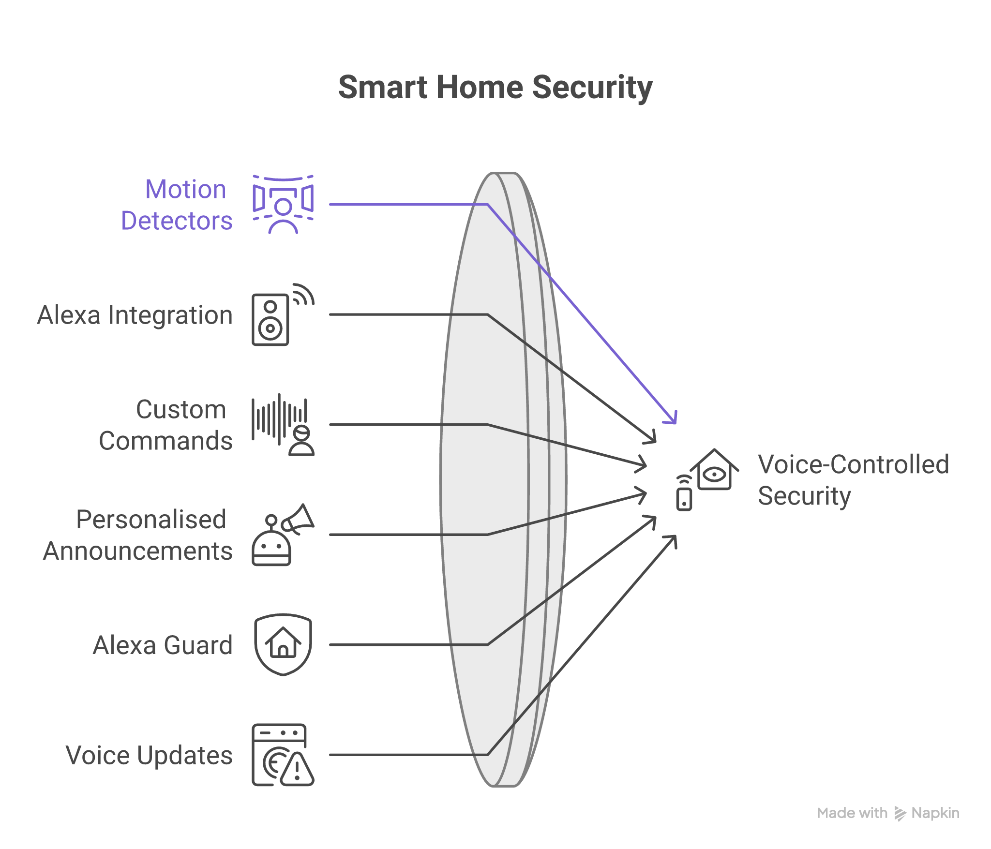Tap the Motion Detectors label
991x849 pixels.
click(x=177, y=205)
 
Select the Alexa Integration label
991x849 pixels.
click(x=135, y=315)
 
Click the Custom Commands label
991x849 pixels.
click(x=166, y=425)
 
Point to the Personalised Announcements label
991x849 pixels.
click(x=138, y=535)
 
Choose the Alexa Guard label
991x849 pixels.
click(x=163, y=645)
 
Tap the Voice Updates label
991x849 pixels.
click(x=149, y=756)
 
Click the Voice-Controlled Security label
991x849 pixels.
click(x=853, y=480)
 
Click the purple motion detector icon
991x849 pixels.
click(x=283, y=205)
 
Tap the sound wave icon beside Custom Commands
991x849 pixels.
click(x=279, y=419)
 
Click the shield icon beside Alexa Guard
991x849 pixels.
click(x=283, y=644)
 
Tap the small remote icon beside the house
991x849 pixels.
click(x=684, y=494)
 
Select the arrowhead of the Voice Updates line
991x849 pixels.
click(x=672, y=540)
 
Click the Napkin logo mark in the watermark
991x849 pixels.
click(x=900, y=814)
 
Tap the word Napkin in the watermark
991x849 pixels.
click(x=935, y=813)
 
